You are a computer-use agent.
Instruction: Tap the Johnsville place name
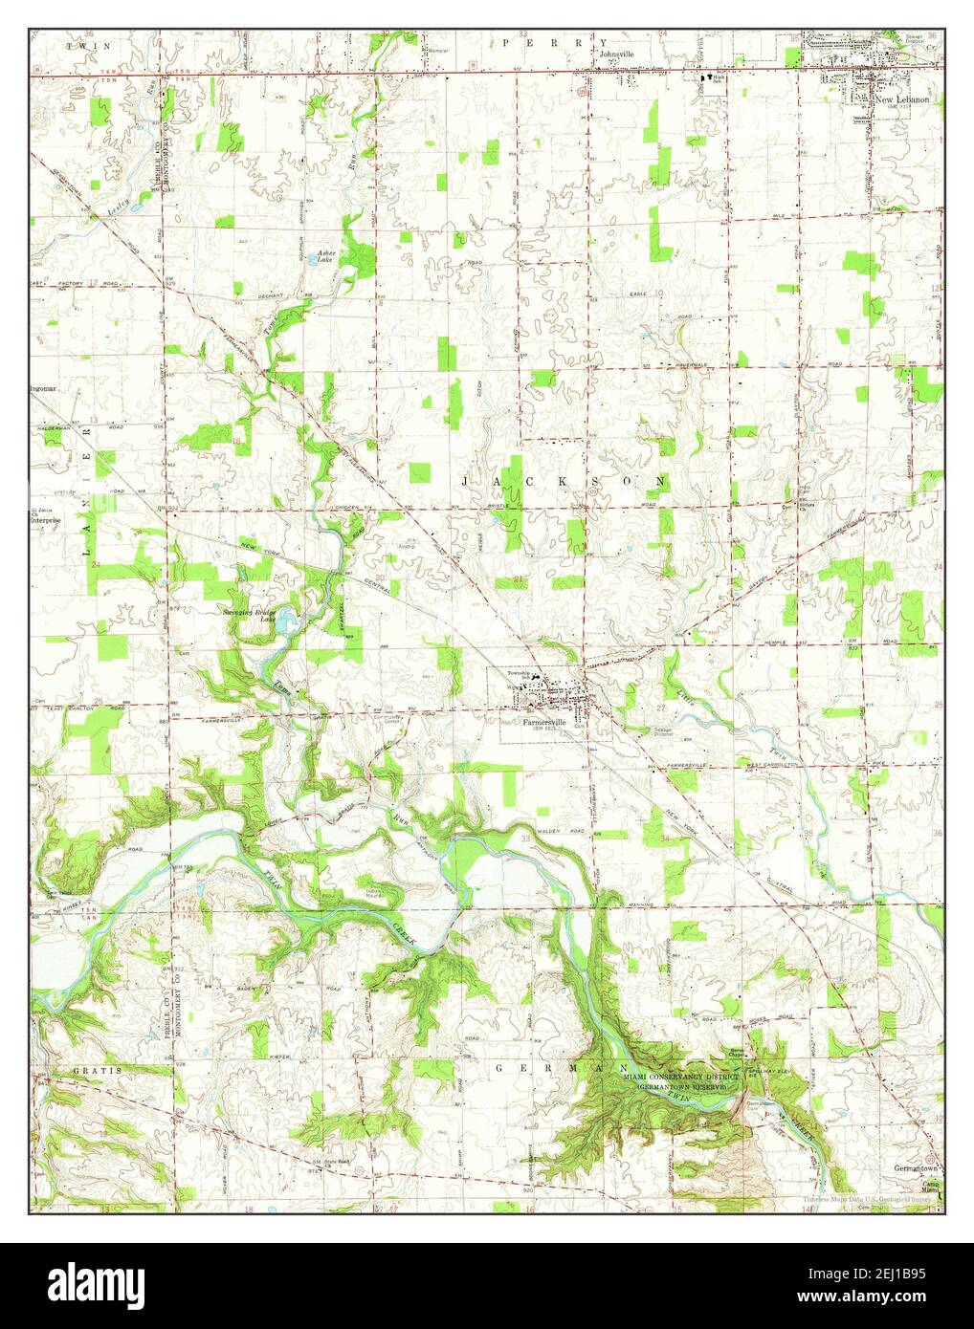616,54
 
